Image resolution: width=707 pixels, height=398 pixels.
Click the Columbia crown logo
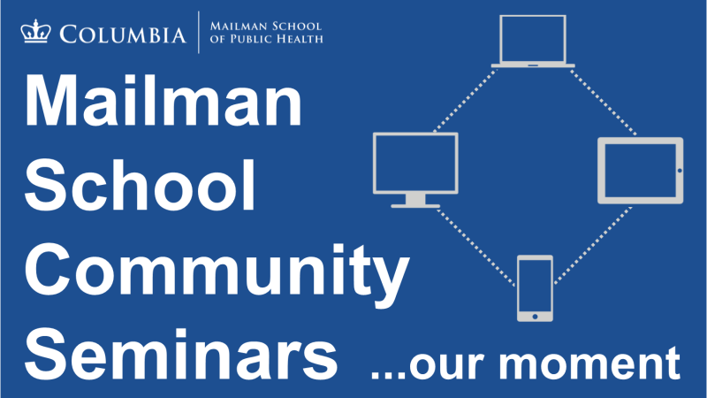35,31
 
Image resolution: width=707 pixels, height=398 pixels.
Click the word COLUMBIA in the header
123,34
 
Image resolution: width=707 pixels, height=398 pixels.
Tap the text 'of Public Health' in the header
267,39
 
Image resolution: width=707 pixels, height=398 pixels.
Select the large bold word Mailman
163,101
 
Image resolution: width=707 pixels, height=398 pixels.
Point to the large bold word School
141,185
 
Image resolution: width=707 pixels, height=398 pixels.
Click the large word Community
217,274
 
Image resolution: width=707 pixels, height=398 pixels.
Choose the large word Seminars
181,355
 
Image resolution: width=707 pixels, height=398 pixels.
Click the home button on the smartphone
535,317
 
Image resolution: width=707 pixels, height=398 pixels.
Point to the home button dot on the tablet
680,171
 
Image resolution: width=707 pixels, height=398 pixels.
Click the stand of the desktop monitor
415,202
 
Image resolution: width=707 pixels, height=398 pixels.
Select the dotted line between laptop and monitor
466,100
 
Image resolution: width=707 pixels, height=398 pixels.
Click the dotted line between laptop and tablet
603,102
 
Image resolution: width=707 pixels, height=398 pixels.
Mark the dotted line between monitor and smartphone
476,248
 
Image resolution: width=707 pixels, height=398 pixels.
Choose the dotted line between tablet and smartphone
593,246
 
